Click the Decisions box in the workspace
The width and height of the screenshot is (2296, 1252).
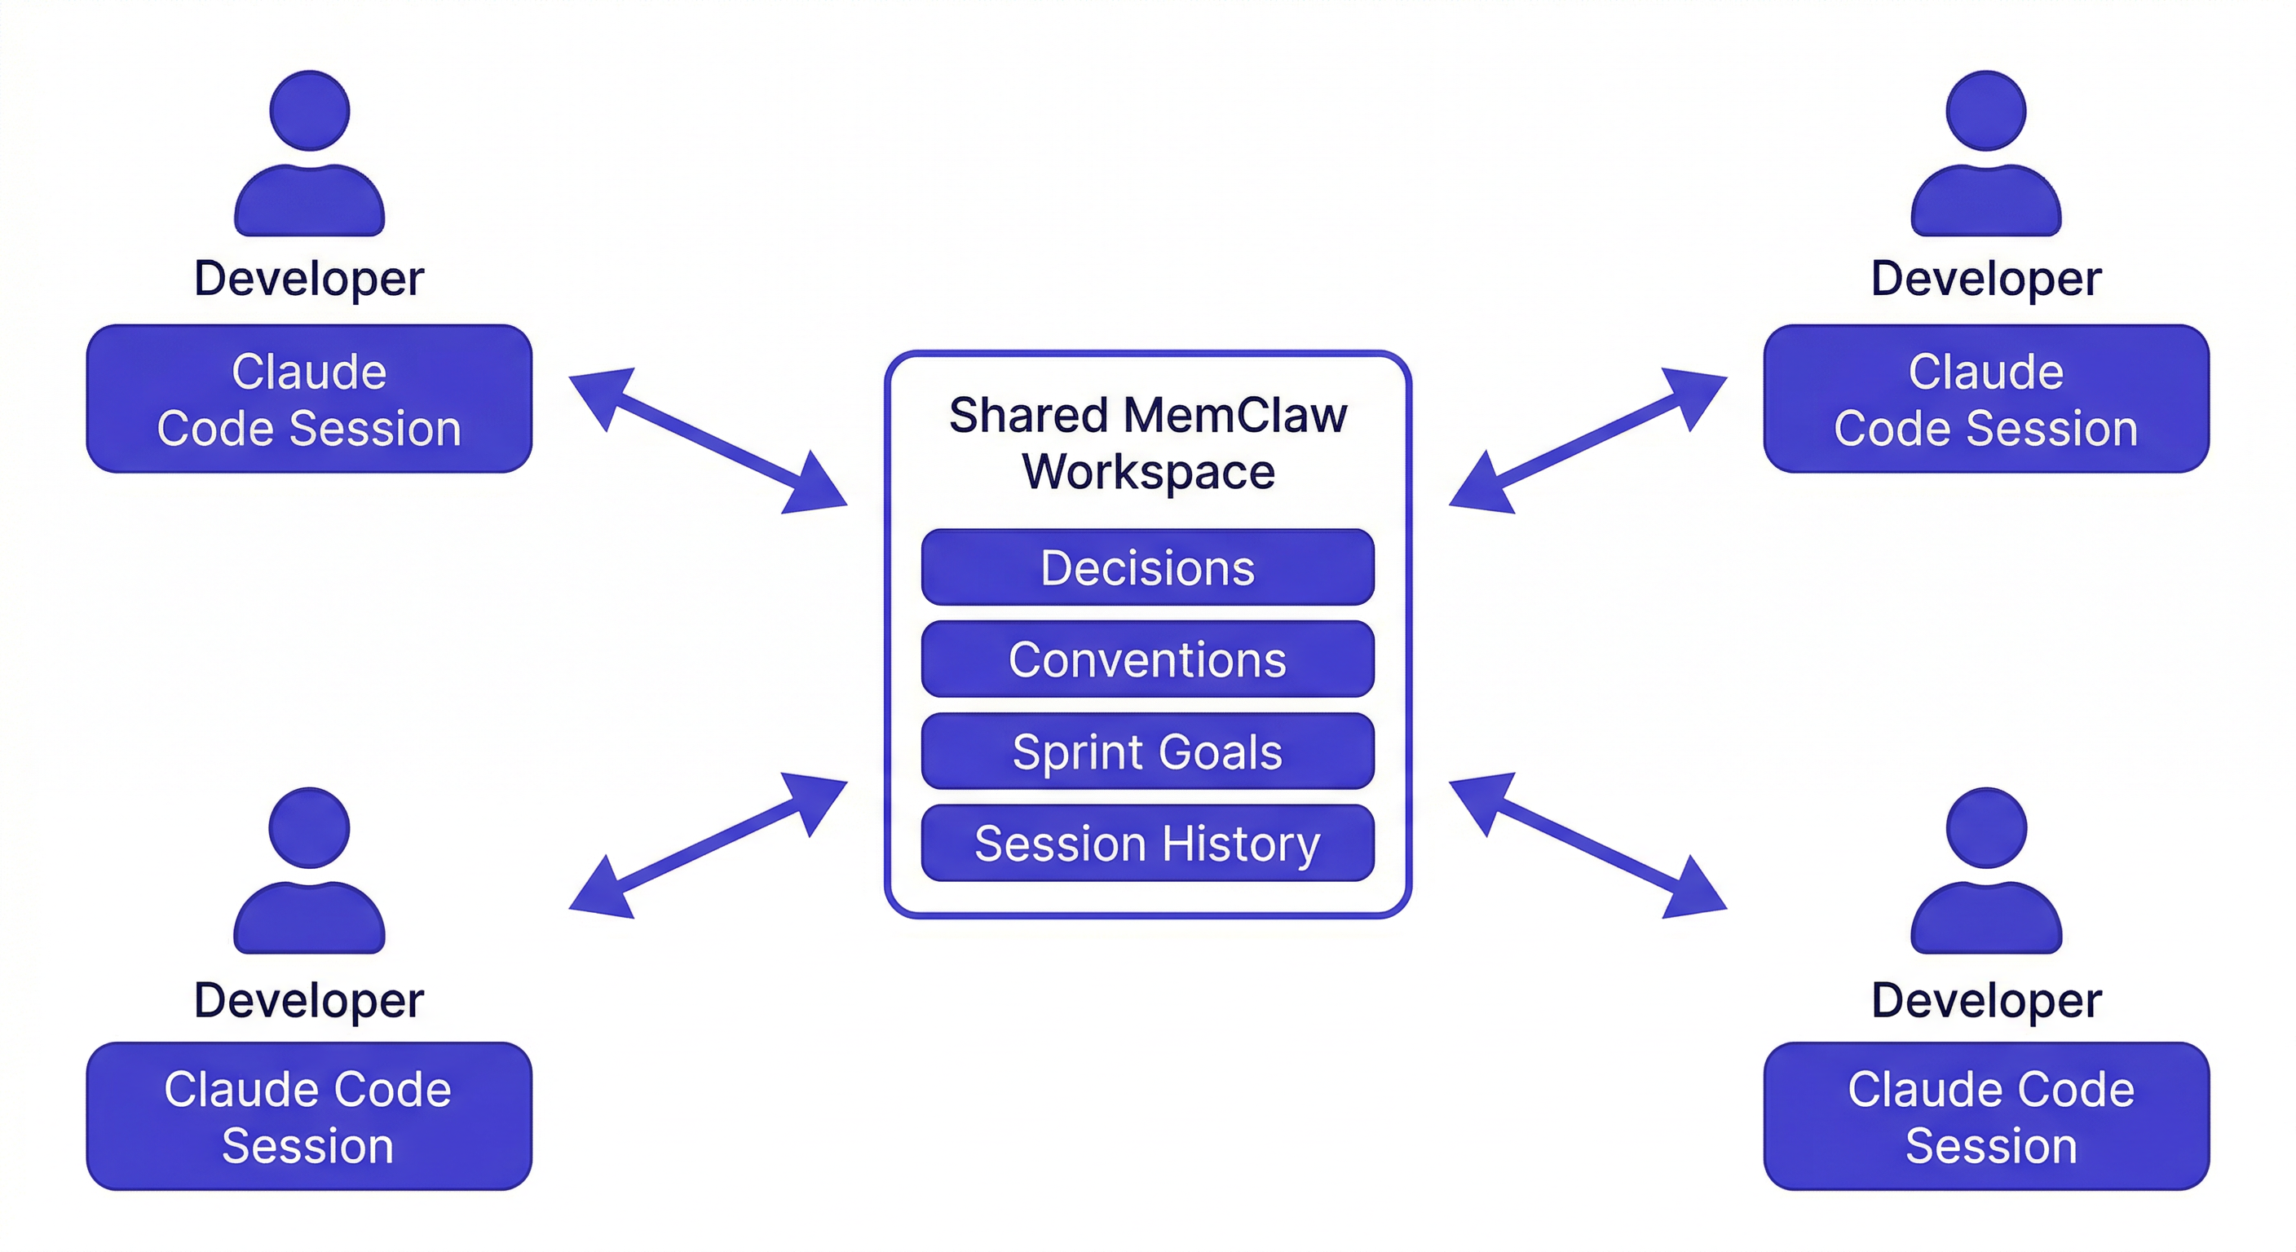pyautogui.click(x=1147, y=567)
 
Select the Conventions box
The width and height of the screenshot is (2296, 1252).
pyautogui.click(x=1147, y=659)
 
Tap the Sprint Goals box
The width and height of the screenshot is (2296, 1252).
pyautogui.click(x=1147, y=752)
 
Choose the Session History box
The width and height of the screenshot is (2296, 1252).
pyautogui.click(x=1147, y=843)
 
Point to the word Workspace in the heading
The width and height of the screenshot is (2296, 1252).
pyautogui.click(x=1148, y=471)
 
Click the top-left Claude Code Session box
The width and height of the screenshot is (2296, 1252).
pyautogui.click(x=309, y=399)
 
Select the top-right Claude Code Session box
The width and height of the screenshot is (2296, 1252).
pyautogui.click(x=1986, y=399)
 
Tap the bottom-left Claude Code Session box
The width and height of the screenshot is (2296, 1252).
pyautogui.click(x=309, y=1116)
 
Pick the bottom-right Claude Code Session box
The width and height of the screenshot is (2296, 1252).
pyautogui.click(x=1986, y=1116)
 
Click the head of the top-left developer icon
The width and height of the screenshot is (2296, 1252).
pyautogui.click(x=309, y=111)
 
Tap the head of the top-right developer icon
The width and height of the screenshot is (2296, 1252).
pyautogui.click(x=1986, y=111)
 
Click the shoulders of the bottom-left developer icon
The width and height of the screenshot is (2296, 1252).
pyautogui.click(x=309, y=918)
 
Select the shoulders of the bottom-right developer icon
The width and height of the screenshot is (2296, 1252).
pyautogui.click(x=1986, y=918)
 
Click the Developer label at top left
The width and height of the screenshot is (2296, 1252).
pyautogui.click(x=309, y=279)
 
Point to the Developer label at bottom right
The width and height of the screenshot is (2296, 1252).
pyautogui.click(x=1986, y=1000)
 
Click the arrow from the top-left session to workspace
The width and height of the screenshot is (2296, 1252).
pyautogui.click(x=708, y=440)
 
